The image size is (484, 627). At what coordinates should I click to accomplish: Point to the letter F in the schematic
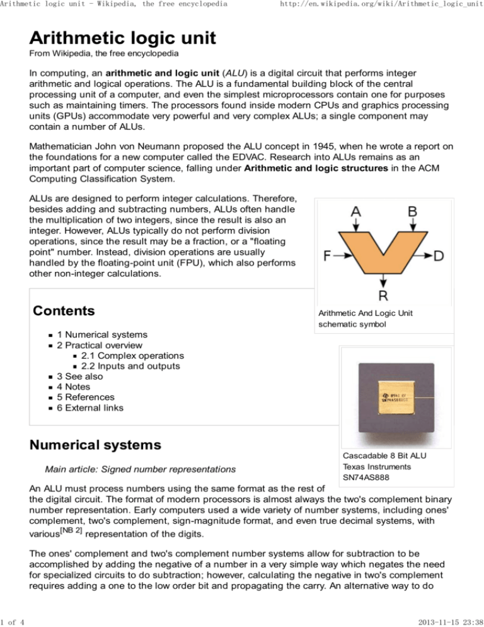[329, 256]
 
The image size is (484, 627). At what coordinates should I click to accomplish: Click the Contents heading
[65, 312]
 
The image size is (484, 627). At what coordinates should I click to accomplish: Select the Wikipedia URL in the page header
[383, 6]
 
